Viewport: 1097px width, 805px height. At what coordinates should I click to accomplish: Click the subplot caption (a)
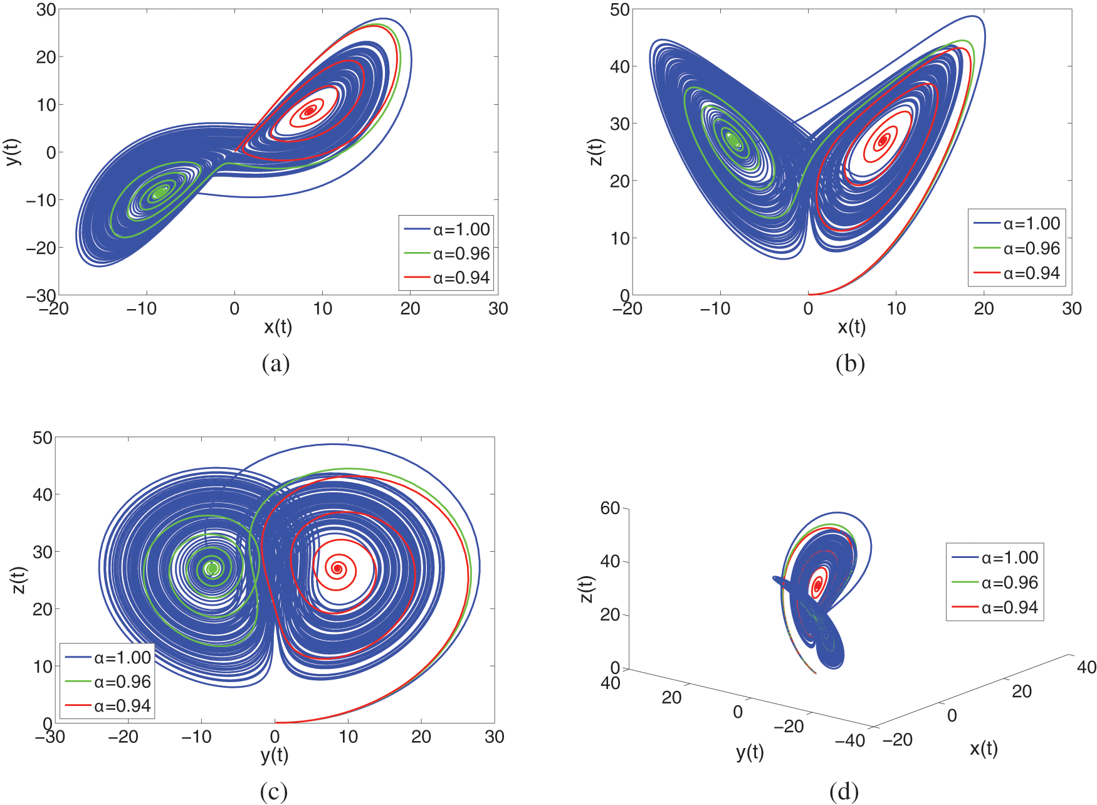pyautogui.click(x=275, y=364)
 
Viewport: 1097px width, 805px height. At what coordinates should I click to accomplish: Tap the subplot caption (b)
pyautogui.click(x=850, y=364)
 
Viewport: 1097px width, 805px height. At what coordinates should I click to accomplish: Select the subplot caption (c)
pyautogui.click(x=274, y=792)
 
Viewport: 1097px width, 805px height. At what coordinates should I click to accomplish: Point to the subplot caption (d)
pyautogui.click(x=844, y=792)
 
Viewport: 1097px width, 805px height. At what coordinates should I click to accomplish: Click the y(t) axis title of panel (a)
pyautogui.click(x=14, y=151)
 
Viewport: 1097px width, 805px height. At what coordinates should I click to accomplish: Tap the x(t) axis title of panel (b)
pyautogui.click(x=851, y=326)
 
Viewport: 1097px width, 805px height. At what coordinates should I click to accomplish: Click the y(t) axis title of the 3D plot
pyautogui.click(x=750, y=752)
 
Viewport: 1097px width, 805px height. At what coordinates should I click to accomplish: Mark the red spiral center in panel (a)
pyautogui.click(x=309, y=111)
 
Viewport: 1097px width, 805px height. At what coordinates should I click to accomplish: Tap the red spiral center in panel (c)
pyautogui.click(x=337, y=569)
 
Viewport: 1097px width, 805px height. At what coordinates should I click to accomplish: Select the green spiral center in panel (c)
pyautogui.click(x=212, y=569)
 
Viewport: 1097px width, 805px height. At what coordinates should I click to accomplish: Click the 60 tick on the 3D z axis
pyautogui.click(x=610, y=508)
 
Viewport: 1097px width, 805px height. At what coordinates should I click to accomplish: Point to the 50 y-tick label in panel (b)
pyautogui.click(x=620, y=10)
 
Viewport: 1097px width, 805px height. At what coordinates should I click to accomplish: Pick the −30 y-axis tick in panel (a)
pyautogui.click(x=41, y=295)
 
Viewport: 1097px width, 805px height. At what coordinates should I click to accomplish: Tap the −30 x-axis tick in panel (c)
pyautogui.click(x=50, y=737)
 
